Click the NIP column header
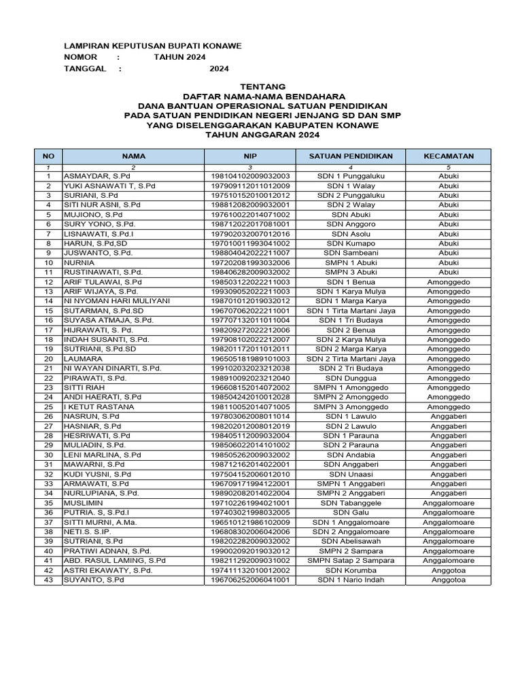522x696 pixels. (250, 156)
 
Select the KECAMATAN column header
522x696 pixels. (449, 156)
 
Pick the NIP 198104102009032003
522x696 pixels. (250, 176)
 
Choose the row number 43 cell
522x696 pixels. (48, 580)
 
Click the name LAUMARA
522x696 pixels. (83, 358)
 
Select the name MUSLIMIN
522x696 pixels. (84, 503)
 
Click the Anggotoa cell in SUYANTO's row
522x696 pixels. (449, 580)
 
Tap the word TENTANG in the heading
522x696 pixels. (262, 87)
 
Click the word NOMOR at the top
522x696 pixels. (80, 57)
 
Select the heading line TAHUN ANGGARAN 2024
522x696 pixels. (262, 135)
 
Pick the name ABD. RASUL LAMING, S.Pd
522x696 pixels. (115, 561)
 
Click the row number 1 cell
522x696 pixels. (48, 176)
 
